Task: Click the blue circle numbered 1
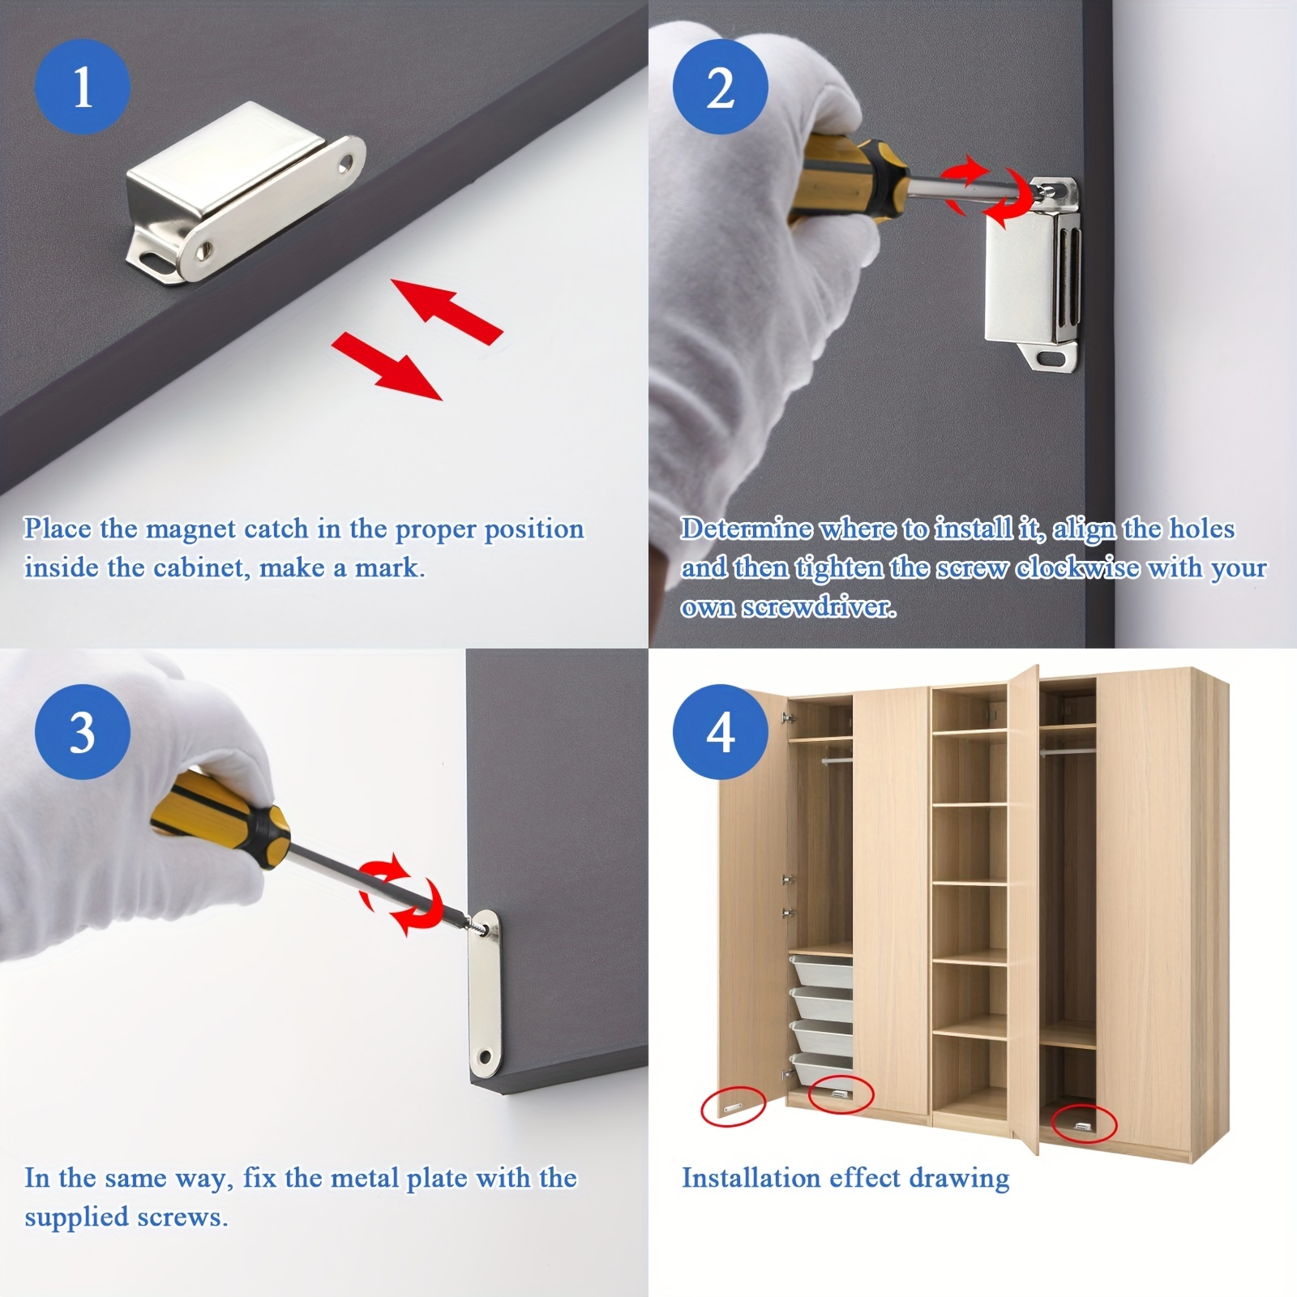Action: coord(82,87)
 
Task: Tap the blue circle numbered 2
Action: coord(721,87)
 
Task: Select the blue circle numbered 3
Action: coord(82,732)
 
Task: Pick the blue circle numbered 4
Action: coord(721,732)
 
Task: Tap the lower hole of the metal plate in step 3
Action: coord(486,1057)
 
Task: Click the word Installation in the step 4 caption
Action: coord(745,1178)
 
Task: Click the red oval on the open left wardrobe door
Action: coord(733,1107)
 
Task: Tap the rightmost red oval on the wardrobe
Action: coord(1084,1124)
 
